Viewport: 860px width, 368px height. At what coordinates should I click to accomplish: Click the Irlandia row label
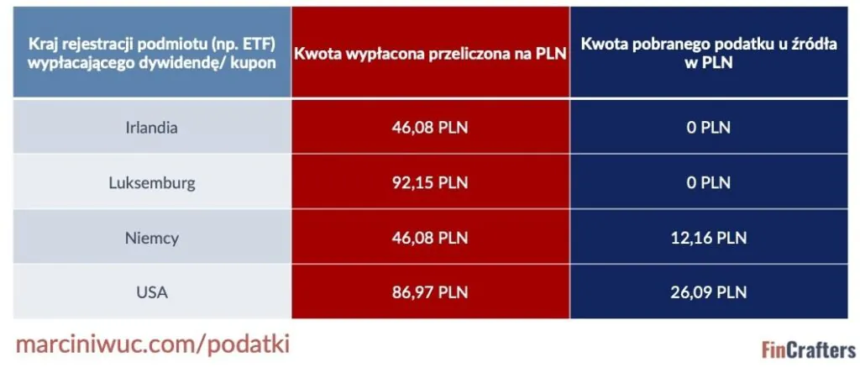[x=152, y=128]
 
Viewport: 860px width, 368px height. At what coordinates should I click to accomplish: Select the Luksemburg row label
[x=152, y=182]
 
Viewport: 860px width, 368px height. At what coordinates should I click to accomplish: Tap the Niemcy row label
[x=152, y=238]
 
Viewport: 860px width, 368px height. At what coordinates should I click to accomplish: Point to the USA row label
[x=152, y=292]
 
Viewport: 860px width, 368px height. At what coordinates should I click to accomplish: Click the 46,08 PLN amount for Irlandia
[x=430, y=128]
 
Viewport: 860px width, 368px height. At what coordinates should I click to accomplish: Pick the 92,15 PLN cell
[x=430, y=182]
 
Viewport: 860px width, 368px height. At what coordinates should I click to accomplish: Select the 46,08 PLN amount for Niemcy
[x=430, y=238]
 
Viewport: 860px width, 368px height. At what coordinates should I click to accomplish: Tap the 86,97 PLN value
[x=430, y=292]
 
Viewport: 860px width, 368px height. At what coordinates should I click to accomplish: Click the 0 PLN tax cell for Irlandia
[x=709, y=128]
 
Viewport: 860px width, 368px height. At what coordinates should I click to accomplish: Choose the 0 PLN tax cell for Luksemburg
[x=709, y=182]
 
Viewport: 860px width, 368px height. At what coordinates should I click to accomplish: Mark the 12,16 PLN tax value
[x=709, y=238]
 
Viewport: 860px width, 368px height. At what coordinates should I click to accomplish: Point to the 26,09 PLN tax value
[x=709, y=292]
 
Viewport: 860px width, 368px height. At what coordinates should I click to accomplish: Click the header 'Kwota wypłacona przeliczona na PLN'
[x=430, y=54]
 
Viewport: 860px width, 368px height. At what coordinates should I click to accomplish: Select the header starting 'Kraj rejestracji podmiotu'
[x=151, y=53]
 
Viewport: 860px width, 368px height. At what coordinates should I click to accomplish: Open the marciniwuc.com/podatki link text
[x=153, y=345]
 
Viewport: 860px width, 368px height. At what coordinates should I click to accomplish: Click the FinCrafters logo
[x=809, y=350]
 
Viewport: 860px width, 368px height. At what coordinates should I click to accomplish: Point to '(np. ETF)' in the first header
[x=249, y=44]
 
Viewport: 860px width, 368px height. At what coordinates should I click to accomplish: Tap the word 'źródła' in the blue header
[x=813, y=44]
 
